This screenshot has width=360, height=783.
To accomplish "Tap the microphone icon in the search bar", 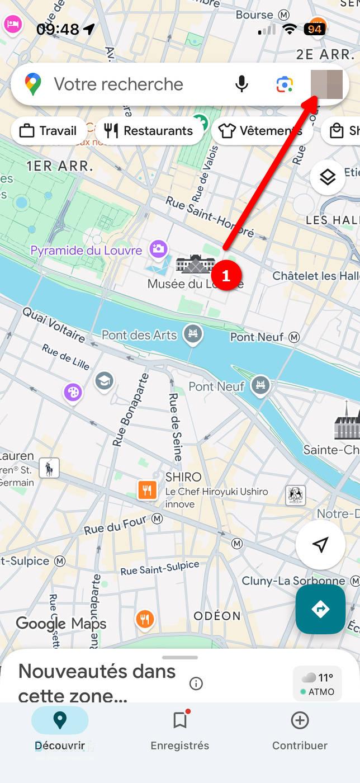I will coord(241,84).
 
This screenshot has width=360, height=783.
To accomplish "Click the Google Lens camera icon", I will coord(285,84).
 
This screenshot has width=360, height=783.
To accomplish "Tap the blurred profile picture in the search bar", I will coord(326,84).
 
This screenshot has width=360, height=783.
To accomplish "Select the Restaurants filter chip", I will coord(149,131).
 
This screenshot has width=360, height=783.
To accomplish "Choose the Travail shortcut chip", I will coord(48,131).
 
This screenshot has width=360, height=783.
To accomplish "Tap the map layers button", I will coord(328,177).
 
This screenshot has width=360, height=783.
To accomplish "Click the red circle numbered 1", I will coord(226,276).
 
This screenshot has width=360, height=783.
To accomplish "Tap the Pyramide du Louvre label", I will coord(86,250).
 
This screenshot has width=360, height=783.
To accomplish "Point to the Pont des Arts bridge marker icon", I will coord(193,334).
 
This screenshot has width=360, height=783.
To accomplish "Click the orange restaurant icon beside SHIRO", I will coord(147,490).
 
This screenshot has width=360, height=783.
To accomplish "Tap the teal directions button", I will coord(320,609).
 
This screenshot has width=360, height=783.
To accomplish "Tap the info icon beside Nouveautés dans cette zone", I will coord(196,683).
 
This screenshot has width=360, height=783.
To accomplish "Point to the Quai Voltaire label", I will coord(54,325).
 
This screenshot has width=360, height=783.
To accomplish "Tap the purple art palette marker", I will coord(73,392).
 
